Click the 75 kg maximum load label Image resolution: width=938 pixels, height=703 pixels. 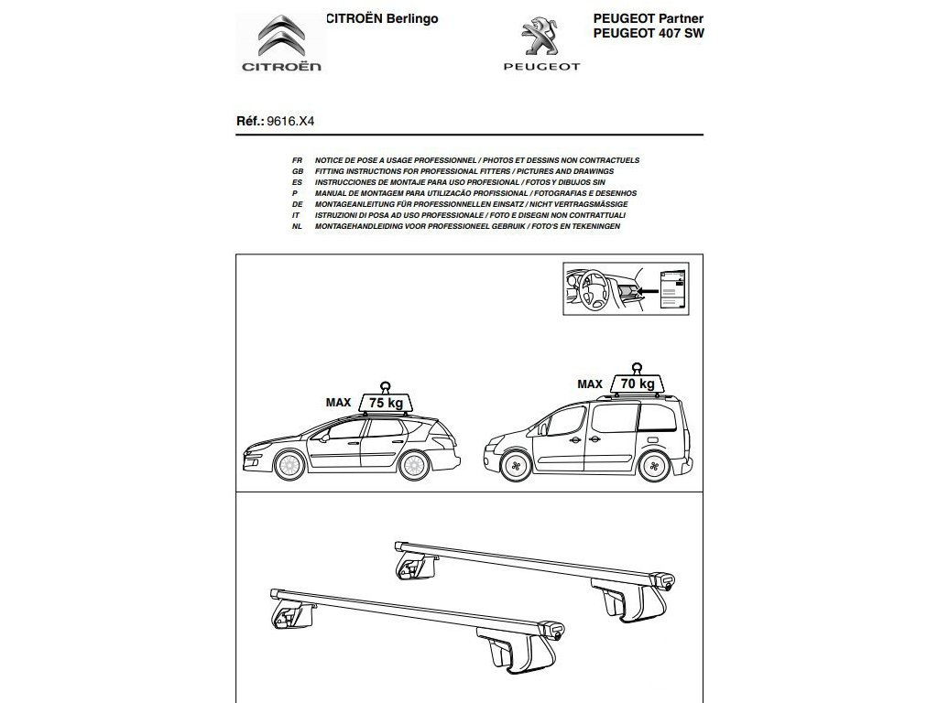point(386,403)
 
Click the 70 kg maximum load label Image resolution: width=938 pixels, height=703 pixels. point(638,384)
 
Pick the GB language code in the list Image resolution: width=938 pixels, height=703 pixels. point(297,171)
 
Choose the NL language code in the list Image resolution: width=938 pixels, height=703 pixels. point(297,226)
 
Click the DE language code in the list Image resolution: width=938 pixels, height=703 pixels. point(297,204)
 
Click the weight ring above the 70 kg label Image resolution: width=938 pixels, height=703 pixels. point(636,363)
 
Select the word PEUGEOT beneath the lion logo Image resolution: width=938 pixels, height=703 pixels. point(540,67)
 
